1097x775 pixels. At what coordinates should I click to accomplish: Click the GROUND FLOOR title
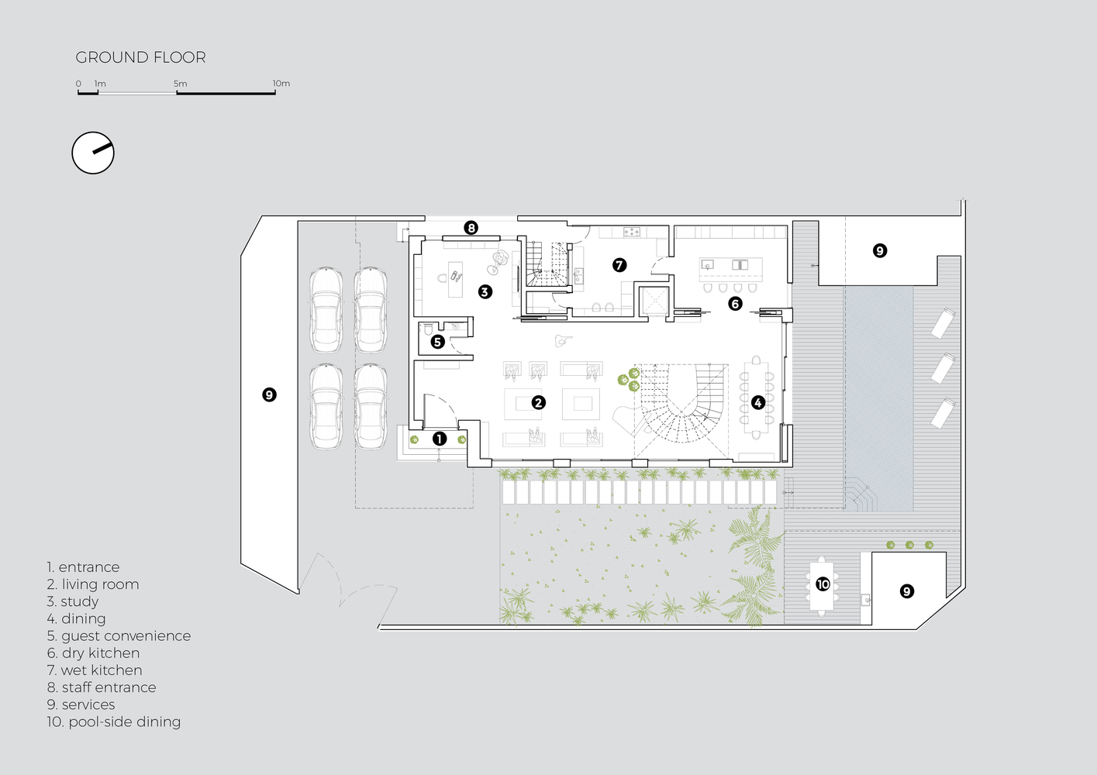click(140, 57)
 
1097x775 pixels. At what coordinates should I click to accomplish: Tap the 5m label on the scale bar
click(180, 84)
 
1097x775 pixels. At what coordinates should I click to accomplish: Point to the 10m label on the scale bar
click(281, 83)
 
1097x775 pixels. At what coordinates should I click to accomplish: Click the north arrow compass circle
click(93, 153)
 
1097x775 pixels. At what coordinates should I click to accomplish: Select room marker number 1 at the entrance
click(439, 439)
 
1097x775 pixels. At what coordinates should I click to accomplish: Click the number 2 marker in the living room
click(538, 402)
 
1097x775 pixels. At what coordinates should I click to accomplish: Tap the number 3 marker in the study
click(485, 291)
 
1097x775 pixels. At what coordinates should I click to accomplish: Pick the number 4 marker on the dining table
click(757, 402)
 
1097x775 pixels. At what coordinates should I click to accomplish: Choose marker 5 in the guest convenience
click(437, 341)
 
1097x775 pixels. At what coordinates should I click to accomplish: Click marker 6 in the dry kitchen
click(735, 304)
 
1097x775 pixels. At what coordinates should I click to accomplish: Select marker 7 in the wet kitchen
click(619, 265)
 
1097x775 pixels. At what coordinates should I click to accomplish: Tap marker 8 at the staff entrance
click(471, 228)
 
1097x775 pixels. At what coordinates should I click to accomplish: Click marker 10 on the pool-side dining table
click(823, 584)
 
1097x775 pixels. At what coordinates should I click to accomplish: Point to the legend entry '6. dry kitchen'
click(93, 653)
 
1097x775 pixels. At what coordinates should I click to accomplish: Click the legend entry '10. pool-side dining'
click(113, 722)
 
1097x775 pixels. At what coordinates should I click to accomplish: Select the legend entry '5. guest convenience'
click(119, 635)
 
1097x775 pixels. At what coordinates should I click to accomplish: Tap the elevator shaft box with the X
click(654, 301)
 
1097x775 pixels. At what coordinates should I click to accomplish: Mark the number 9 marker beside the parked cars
click(269, 394)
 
